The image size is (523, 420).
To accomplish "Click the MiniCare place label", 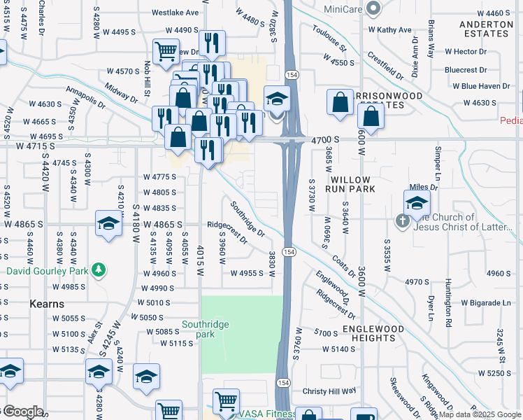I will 345,9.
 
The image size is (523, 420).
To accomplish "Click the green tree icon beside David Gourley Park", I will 99,269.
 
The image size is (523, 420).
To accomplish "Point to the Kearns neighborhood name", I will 47,304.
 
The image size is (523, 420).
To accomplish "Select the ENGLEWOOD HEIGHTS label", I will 373,333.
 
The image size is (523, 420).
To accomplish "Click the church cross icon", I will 403,221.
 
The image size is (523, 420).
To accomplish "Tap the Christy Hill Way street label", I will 329,391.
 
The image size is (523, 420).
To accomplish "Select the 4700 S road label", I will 326,140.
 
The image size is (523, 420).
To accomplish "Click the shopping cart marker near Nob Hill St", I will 166,51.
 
